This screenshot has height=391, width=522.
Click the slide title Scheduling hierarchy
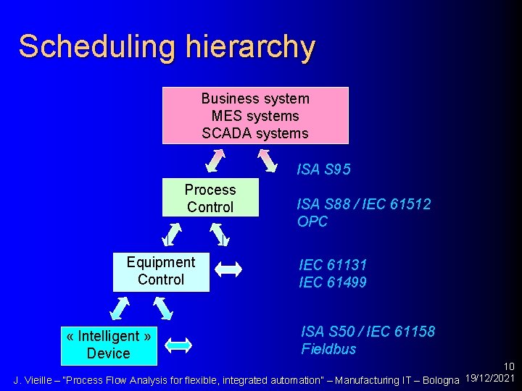point(167,46)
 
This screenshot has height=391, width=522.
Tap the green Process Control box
point(210,198)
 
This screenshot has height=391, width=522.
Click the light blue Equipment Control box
point(161,272)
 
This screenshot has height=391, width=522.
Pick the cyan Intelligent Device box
point(109,345)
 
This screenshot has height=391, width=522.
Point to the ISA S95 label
point(323,170)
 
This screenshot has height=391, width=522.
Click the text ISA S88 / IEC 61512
point(363,205)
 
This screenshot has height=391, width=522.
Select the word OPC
point(312,222)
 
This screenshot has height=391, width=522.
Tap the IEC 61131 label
point(333,265)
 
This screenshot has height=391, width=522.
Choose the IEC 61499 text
point(333,282)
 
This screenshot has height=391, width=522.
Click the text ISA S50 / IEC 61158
point(368,332)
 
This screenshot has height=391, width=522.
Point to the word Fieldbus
point(329,349)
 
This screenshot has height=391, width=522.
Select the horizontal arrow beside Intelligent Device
point(178,345)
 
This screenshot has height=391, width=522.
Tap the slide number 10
point(508,368)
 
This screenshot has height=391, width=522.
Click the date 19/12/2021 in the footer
point(489,379)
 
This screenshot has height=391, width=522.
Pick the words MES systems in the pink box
point(255,116)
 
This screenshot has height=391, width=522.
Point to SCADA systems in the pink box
point(255,133)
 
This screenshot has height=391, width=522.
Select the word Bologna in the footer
point(440,380)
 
